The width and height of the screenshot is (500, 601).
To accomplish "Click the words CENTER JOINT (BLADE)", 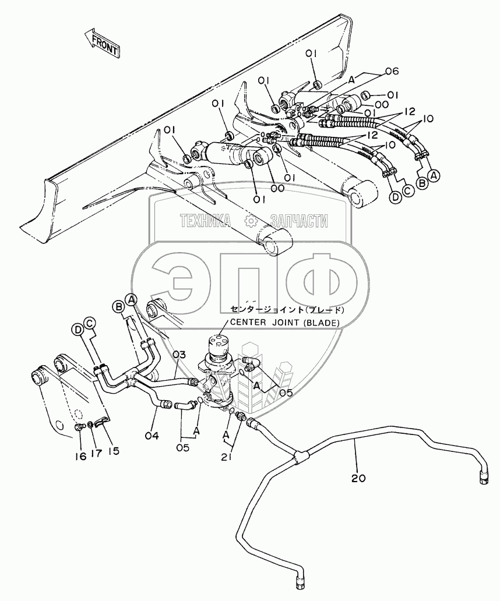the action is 284,323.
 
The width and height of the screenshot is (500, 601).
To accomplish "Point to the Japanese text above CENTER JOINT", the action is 287,309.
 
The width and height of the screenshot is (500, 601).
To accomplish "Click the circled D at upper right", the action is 395,197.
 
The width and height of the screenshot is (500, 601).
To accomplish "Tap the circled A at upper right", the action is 434,175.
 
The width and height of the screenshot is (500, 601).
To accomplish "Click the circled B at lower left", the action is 118,306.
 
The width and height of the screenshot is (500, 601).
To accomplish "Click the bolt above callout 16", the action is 79,426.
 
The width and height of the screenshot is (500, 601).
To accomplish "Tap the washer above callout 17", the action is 90,424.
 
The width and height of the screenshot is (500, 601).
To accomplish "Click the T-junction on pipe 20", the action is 300,454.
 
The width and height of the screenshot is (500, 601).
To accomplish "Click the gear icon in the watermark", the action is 251,220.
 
